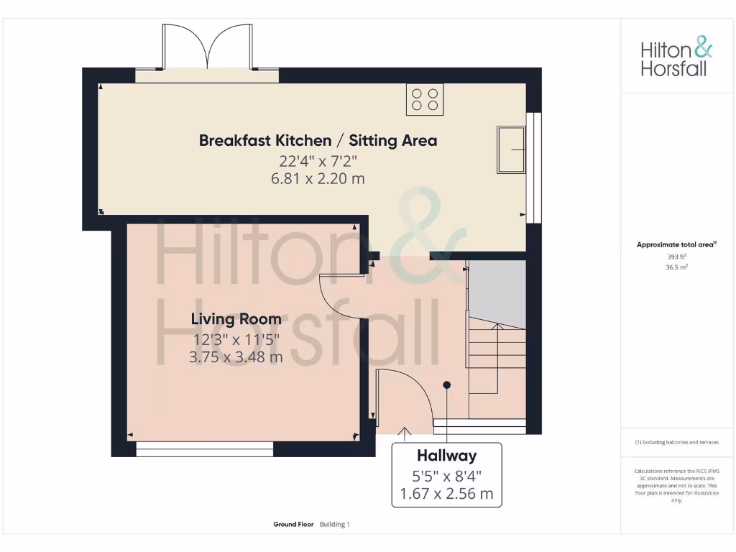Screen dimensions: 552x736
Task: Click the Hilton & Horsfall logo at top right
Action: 676,58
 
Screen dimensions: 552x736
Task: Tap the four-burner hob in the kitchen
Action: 425,99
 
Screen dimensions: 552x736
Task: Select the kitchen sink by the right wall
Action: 511,149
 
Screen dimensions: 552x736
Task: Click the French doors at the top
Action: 207,49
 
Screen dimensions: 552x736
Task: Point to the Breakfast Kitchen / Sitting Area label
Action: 318,140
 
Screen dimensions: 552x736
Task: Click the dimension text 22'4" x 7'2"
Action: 318,160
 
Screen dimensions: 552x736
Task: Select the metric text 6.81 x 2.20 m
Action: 318,178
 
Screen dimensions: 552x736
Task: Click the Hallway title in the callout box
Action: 446,456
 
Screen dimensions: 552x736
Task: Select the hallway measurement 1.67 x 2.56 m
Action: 446,494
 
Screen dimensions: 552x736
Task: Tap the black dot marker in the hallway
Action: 446,385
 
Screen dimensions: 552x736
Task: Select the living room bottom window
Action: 205,449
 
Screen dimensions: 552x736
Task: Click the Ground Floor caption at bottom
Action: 293,525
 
